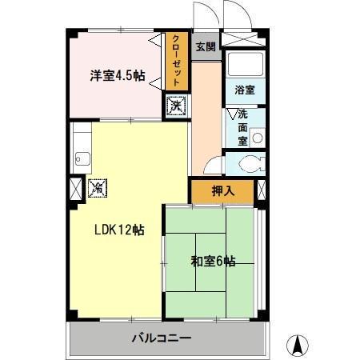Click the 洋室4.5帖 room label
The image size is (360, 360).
(x=117, y=76)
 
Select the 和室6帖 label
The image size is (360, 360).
(x=213, y=261)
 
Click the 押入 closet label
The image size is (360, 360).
(x=222, y=191)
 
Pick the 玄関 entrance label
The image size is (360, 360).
(x=205, y=46)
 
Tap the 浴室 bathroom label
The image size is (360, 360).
(x=244, y=91)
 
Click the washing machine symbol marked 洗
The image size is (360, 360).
(x=176, y=105)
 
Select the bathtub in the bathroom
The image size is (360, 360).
(x=244, y=64)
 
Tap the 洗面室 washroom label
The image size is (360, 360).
(x=241, y=127)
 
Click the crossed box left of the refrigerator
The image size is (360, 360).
(x=74, y=190)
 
